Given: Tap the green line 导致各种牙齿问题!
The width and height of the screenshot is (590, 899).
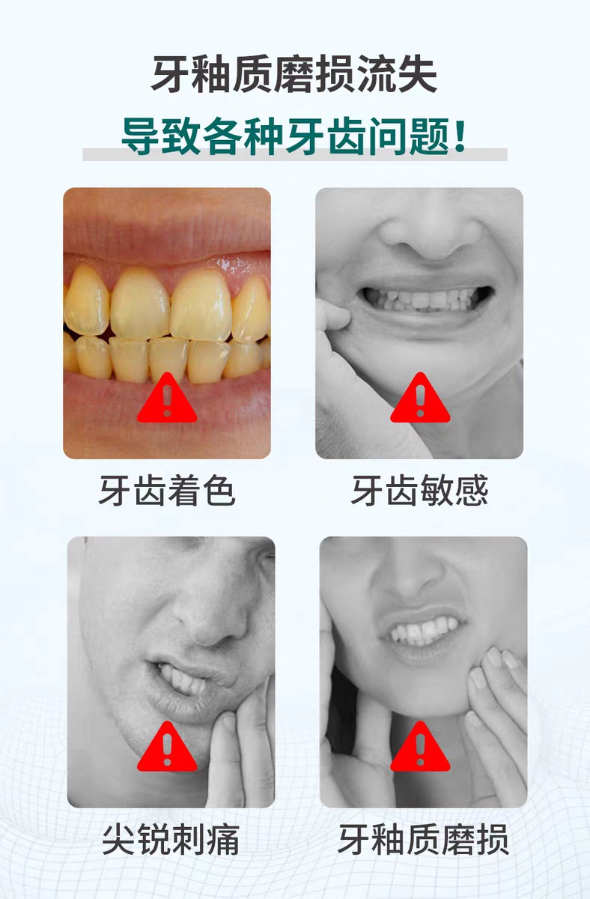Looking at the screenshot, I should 294,136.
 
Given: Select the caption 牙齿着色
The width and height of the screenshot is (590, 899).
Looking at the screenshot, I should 167,491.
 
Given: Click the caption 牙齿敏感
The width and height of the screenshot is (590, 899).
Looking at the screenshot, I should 419,491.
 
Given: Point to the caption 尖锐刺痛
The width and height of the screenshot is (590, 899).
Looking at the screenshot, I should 171,841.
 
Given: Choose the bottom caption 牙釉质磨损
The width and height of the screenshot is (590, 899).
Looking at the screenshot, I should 423,841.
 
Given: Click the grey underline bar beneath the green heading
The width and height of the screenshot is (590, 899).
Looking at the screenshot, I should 294,155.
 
